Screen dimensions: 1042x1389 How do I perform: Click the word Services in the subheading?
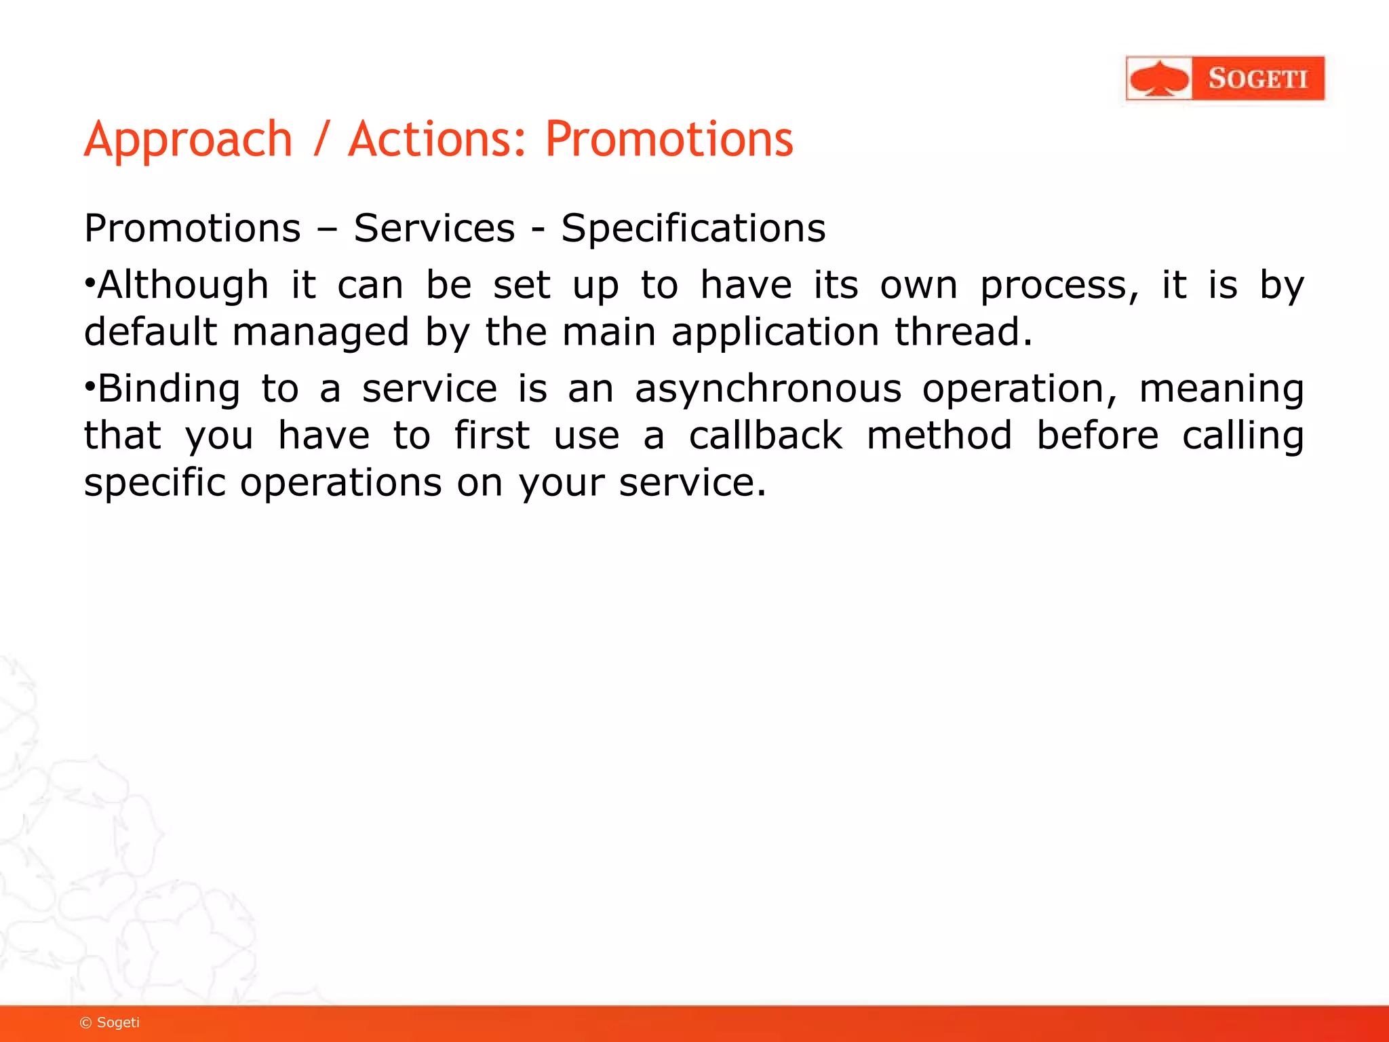click(434, 228)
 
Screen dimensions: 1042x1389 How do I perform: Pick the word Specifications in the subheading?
click(693, 229)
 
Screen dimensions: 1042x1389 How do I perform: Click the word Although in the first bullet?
click(183, 285)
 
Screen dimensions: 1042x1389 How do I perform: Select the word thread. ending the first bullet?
click(963, 332)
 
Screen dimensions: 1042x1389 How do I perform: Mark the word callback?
click(766, 436)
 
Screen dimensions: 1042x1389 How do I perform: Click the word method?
click(939, 436)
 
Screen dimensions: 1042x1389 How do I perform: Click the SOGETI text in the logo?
click(1257, 79)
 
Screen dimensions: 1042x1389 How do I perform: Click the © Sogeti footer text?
click(110, 1022)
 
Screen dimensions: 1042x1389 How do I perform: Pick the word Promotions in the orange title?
click(669, 139)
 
